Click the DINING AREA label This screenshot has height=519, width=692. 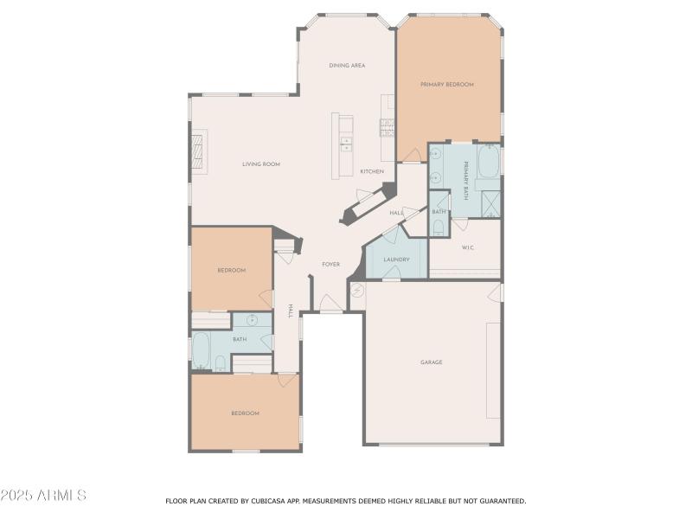pyautogui.click(x=346, y=65)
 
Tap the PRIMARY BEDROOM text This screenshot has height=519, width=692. pyautogui.click(x=447, y=85)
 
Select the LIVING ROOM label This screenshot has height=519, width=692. pyautogui.click(x=260, y=163)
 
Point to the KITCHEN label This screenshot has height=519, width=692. pyautogui.click(x=372, y=171)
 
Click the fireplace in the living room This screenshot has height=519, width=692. pyautogui.click(x=199, y=153)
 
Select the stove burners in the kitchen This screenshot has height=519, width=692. pyautogui.click(x=387, y=128)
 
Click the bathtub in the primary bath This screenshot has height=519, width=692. pyautogui.click(x=489, y=161)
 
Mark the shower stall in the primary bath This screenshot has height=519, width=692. pyautogui.click(x=491, y=205)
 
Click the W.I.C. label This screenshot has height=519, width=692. pyautogui.click(x=467, y=248)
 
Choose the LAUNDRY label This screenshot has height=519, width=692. pyautogui.click(x=396, y=259)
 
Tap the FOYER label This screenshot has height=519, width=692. pyautogui.click(x=330, y=264)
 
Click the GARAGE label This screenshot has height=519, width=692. pyautogui.click(x=431, y=362)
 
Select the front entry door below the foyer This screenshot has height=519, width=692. pyautogui.click(x=330, y=304)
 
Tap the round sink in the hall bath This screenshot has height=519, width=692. pyautogui.click(x=252, y=320)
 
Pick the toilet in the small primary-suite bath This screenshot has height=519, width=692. pyautogui.click(x=439, y=227)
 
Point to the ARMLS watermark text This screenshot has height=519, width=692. pyautogui.click(x=43, y=496)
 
